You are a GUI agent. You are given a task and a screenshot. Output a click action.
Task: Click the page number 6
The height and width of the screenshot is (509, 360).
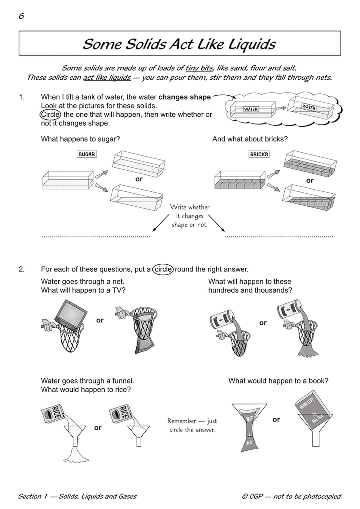[21, 16]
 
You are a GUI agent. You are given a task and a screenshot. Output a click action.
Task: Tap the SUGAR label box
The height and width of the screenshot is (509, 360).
[87, 154]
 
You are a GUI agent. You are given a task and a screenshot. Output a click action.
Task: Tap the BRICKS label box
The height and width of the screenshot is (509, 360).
[259, 154]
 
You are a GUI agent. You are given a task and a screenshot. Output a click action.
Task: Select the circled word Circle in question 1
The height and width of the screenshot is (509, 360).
[51, 114]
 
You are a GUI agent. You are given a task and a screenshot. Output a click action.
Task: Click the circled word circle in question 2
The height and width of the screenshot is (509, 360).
[163, 269]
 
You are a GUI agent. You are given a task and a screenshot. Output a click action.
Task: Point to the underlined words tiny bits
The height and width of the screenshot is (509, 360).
[199, 68]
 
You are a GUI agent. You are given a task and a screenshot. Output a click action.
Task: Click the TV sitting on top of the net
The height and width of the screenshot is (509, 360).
[70, 315]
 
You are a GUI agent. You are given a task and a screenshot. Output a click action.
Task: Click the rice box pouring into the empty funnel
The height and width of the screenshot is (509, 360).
[121, 413]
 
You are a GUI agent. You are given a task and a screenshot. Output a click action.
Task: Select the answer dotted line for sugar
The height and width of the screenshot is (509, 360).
[96, 237]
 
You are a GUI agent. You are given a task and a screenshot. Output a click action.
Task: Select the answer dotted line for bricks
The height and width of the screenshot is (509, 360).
[279, 237]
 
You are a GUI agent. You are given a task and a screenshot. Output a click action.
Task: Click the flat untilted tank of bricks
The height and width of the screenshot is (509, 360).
[239, 180]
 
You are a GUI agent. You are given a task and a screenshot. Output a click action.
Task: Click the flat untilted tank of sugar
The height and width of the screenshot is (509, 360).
[68, 180]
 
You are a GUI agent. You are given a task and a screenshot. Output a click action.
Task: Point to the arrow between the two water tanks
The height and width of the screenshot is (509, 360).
[281, 108]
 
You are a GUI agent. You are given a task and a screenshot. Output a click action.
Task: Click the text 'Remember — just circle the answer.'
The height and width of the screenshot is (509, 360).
[192, 425]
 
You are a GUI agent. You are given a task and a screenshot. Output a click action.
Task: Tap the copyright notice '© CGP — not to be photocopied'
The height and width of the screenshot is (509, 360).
[291, 496]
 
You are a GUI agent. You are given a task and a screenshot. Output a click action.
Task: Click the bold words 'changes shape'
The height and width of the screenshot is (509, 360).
[185, 97]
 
